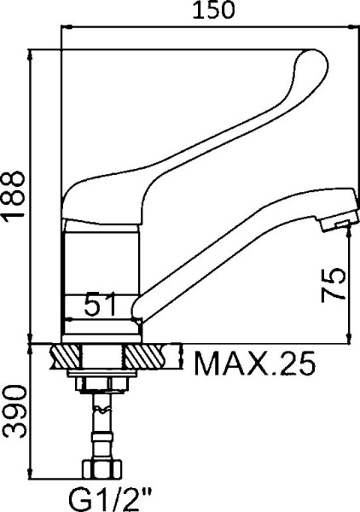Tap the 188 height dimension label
click(14, 195)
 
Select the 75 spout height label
click(334, 285)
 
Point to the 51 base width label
click(100, 305)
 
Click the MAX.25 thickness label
click(254, 364)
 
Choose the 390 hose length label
click(14, 411)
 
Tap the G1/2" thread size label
click(110, 499)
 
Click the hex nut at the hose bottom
click(102, 469)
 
